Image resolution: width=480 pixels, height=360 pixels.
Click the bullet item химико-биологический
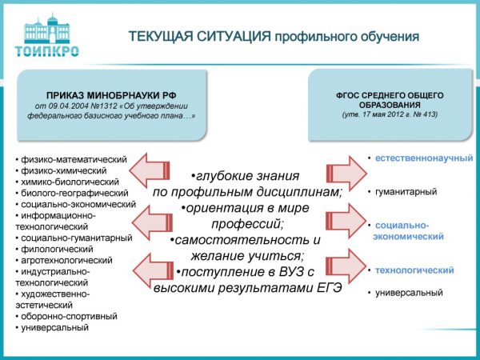click(68, 182)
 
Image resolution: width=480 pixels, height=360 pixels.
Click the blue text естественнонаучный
click(424, 158)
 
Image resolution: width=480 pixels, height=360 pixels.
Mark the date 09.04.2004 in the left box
click(73, 106)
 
